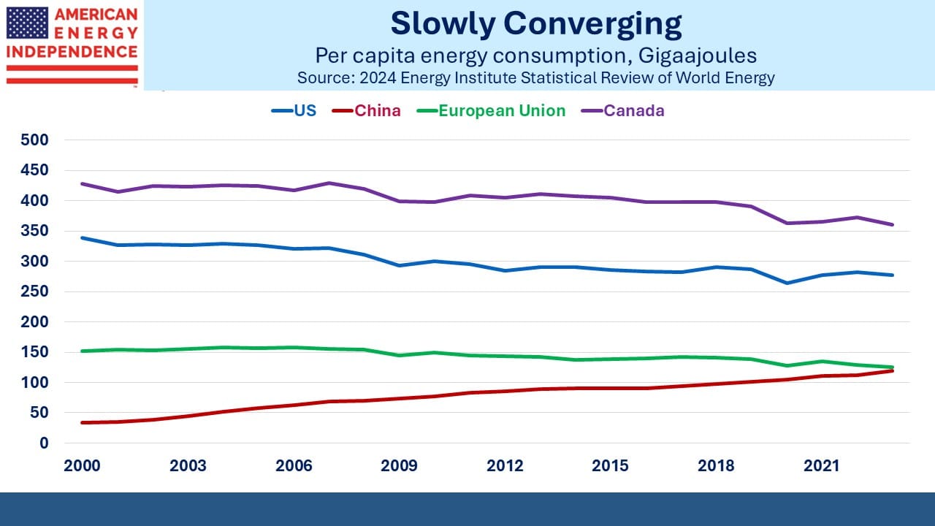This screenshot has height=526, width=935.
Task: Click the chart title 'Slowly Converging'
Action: (x=536, y=24)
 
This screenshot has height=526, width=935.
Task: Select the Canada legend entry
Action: (x=623, y=110)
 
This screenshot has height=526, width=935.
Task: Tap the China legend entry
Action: (x=367, y=110)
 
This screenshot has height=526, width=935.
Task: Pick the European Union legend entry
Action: (x=492, y=110)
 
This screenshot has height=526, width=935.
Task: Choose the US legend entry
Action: (x=294, y=110)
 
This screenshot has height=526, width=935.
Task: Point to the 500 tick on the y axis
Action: (x=34, y=140)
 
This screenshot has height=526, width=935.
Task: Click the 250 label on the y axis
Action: (x=34, y=291)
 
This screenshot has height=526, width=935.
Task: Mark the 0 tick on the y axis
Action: (x=44, y=443)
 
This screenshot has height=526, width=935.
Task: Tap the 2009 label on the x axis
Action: (x=399, y=466)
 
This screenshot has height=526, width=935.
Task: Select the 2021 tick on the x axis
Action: (x=822, y=466)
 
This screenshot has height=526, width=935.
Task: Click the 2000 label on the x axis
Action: (x=82, y=466)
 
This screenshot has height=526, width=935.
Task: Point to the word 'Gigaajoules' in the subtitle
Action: (x=698, y=56)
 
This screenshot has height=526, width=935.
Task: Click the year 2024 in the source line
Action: (x=378, y=78)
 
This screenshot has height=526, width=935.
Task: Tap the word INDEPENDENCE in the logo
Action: (x=72, y=52)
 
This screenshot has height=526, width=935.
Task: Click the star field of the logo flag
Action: (x=28, y=23)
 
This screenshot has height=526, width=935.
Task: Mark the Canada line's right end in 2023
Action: (x=893, y=224)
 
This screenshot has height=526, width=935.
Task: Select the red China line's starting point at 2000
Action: (x=82, y=422)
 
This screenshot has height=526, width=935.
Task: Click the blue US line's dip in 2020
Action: (x=787, y=283)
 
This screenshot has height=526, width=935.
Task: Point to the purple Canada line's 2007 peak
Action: (x=329, y=183)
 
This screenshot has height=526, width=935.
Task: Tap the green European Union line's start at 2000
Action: (x=82, y=351)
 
